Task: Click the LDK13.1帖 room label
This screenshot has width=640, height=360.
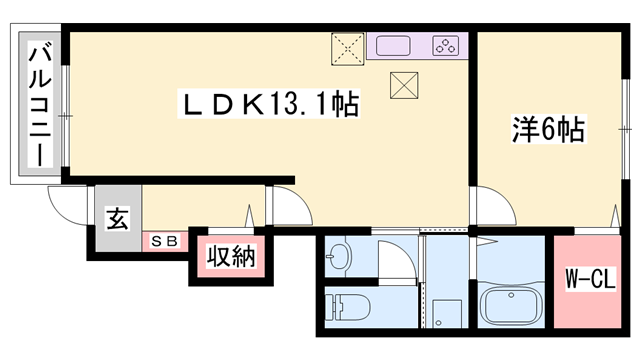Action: pyautogui.click(x=269, y=102)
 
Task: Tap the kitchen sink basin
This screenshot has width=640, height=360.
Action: pyautogui.click(x=393, y=45)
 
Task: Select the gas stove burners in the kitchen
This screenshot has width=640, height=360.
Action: pyautogui.click(x=444, y=45)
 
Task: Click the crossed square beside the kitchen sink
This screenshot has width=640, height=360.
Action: pyautogui.click(x=349, y=46)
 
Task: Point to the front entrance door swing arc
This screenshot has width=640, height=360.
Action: pyautogui.click(x=66, y=210)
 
